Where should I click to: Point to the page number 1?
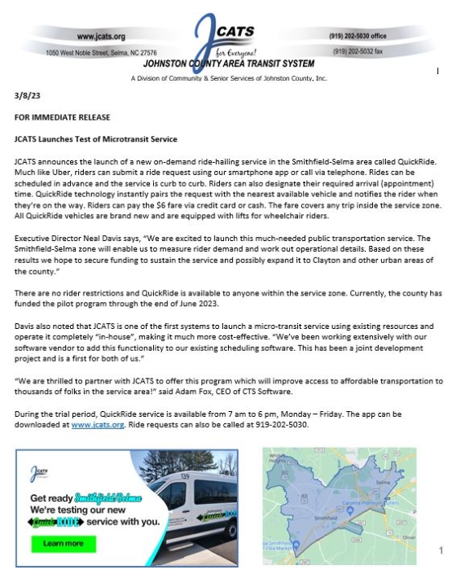(x=441, y=550)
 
